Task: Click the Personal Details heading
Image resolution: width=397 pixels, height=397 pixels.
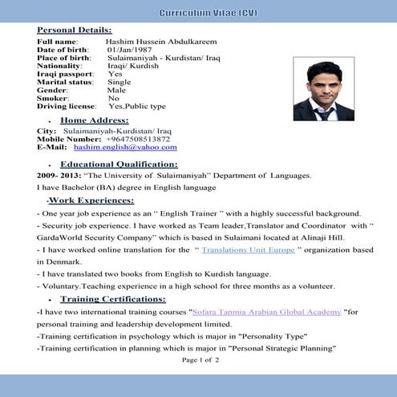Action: pyautogui.click(x=75, y=30)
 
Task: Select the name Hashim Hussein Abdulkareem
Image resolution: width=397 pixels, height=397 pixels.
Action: pyautogui.click(x=160, y=42)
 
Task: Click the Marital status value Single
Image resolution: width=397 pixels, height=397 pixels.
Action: pyautogui.click(x=119, y=82)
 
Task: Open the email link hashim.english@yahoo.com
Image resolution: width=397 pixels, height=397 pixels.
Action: pyautogui.click(x=125, y=148)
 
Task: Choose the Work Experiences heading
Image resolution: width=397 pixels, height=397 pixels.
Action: pyautogui.click(x=90, y=200)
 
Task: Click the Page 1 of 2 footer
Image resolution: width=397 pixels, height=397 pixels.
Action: pyautogui.click(x=200, y=360)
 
